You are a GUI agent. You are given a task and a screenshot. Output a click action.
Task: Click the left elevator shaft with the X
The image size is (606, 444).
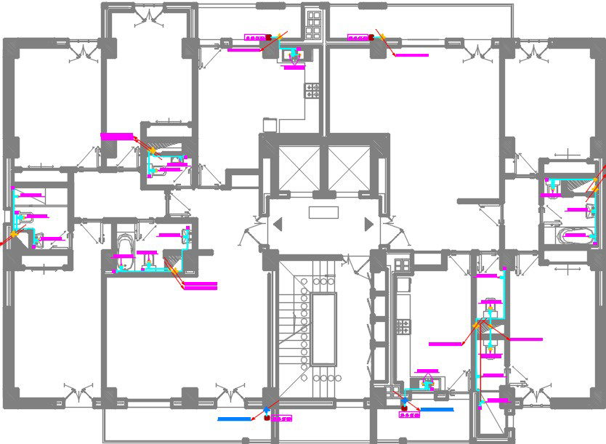pos(299,168)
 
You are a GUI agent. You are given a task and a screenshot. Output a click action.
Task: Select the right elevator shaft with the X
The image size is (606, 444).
pos(349,168)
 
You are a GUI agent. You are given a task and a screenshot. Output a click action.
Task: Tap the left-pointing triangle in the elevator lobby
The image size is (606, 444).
pos(277,225)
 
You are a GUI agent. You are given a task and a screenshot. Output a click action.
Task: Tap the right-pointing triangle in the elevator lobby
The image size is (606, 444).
pos(369,225)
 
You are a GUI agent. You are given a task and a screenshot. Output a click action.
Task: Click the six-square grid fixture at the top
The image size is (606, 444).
pos(314,25)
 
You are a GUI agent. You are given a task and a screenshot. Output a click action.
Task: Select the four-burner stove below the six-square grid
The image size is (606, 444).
pos(312,90)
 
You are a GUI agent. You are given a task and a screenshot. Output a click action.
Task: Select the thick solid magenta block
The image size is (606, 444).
pos(118,136)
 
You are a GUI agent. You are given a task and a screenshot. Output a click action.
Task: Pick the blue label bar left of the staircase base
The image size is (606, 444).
pos(233,419)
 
